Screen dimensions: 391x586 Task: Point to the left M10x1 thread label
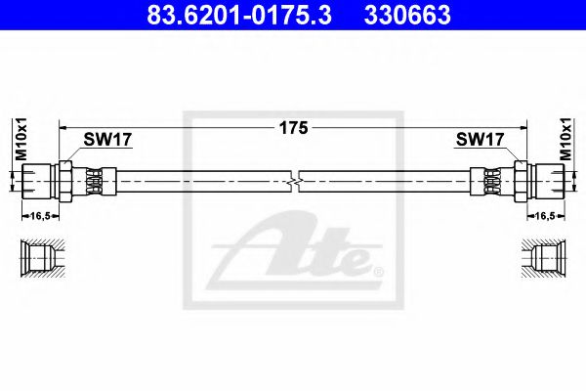click(x=18, y=140)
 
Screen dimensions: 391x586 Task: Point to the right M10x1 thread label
click(x=569, y=140)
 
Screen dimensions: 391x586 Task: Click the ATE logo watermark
click(x=293, y=249)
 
